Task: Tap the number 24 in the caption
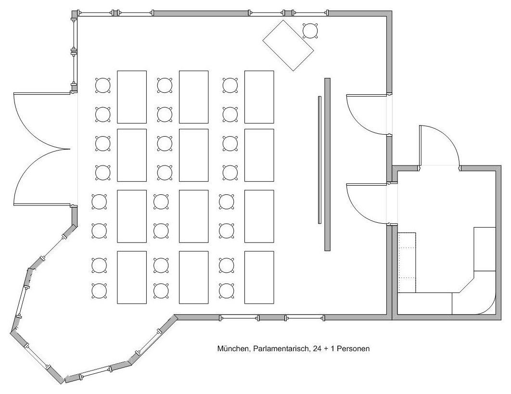point(317,349)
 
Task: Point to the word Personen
point(353,349)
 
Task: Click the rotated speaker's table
point(288,45)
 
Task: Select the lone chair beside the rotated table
point(310,31)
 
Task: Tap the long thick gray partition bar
point(328,164)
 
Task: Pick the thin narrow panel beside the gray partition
point(319,160)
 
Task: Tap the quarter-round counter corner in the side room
point(486,304)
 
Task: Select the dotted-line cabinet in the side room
point(408,262)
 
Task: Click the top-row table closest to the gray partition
point(259,97)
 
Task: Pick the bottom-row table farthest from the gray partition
point(132,277)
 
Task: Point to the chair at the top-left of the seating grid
point(102,86)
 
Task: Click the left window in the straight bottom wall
point(239,318)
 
